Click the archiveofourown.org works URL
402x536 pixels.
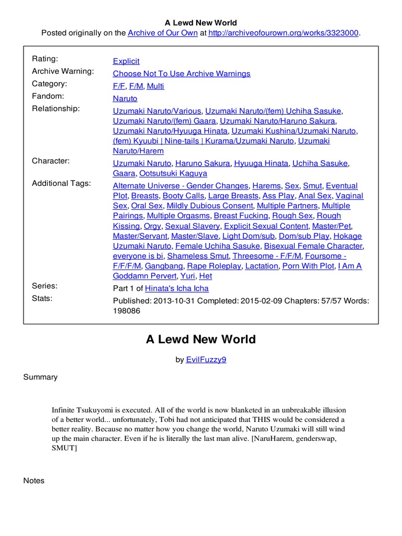click(x=283, y=33)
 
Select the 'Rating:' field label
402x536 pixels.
click(x=45, y=59)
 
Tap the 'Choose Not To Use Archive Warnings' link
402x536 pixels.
click(x=182, y=74)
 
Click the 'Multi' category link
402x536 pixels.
click(x=155, y=86)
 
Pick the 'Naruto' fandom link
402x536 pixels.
click(x=125, y=98)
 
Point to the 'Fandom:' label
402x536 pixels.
click(x=48, y=96)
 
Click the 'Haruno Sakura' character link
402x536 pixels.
click(x=203, y=163)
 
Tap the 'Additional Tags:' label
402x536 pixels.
click(x=61, y=183)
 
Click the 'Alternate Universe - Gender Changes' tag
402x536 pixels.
click(x=181, y=186)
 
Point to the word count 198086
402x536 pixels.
click(x=127, y=310)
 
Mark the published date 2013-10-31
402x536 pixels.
click(x=173, y=300)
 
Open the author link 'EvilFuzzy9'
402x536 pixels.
click(x=206, y=360)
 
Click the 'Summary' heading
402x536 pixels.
click(x=40, y=377)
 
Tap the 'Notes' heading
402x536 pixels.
click(x=34, y=481)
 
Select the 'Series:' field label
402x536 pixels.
click(x=45, y=286)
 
